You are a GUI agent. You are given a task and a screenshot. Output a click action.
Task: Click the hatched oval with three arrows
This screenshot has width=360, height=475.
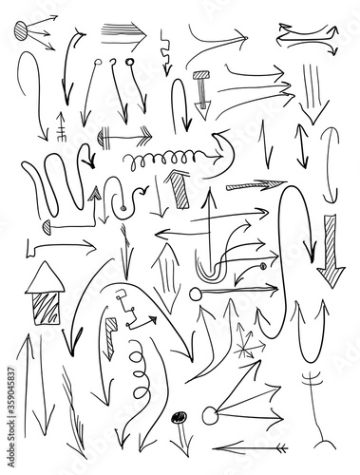pyautogui.click(x=22, y=31)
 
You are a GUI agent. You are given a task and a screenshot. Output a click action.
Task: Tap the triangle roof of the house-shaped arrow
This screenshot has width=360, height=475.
pyautogui.click(x=46, y=279)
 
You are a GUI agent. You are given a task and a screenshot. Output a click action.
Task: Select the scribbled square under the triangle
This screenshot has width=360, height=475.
pyautogui.click(x=46, y=309)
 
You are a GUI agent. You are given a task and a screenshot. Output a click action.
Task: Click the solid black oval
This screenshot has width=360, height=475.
pyautogui.click(x=179, y=417)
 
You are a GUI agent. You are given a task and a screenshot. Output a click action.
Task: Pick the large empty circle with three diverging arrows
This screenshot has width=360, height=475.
pyautogui.click(x=210, y=415)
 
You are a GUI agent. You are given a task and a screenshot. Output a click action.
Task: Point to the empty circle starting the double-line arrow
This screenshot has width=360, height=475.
pyautogui.click(x=196, y=294)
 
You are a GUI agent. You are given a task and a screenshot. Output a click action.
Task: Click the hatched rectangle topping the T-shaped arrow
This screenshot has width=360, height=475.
pyautogui.click(x=201, y=75)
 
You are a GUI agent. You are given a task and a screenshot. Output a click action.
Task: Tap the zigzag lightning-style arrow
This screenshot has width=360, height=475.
pyautogui.click(x=165, y=52)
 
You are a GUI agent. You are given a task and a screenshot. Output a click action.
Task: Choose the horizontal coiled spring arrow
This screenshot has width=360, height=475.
pyautogui.click(x=173, y=158)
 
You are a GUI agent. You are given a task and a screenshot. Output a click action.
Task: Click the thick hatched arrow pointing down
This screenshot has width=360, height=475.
pyautogui.click(x=331, y=252)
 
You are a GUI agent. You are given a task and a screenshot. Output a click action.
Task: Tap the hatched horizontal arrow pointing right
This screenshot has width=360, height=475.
pyautogui.click(x=256, y=185)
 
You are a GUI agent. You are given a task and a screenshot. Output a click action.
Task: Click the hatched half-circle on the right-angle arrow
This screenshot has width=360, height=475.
pyautogui.click(x=47, y=227)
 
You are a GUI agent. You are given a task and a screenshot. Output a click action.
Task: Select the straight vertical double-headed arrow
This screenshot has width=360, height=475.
pyautogui.click(x=302, y=146)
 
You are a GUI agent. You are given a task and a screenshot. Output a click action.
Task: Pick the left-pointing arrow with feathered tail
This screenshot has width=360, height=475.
pyautogui.click(x=250, y=448)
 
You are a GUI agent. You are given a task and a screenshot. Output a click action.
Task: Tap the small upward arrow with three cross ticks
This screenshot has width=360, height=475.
pyautogui.click(x=61, y=126)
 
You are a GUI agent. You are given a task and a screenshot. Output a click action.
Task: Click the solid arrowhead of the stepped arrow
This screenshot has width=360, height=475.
pyautogui.click(x=153, y=320)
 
